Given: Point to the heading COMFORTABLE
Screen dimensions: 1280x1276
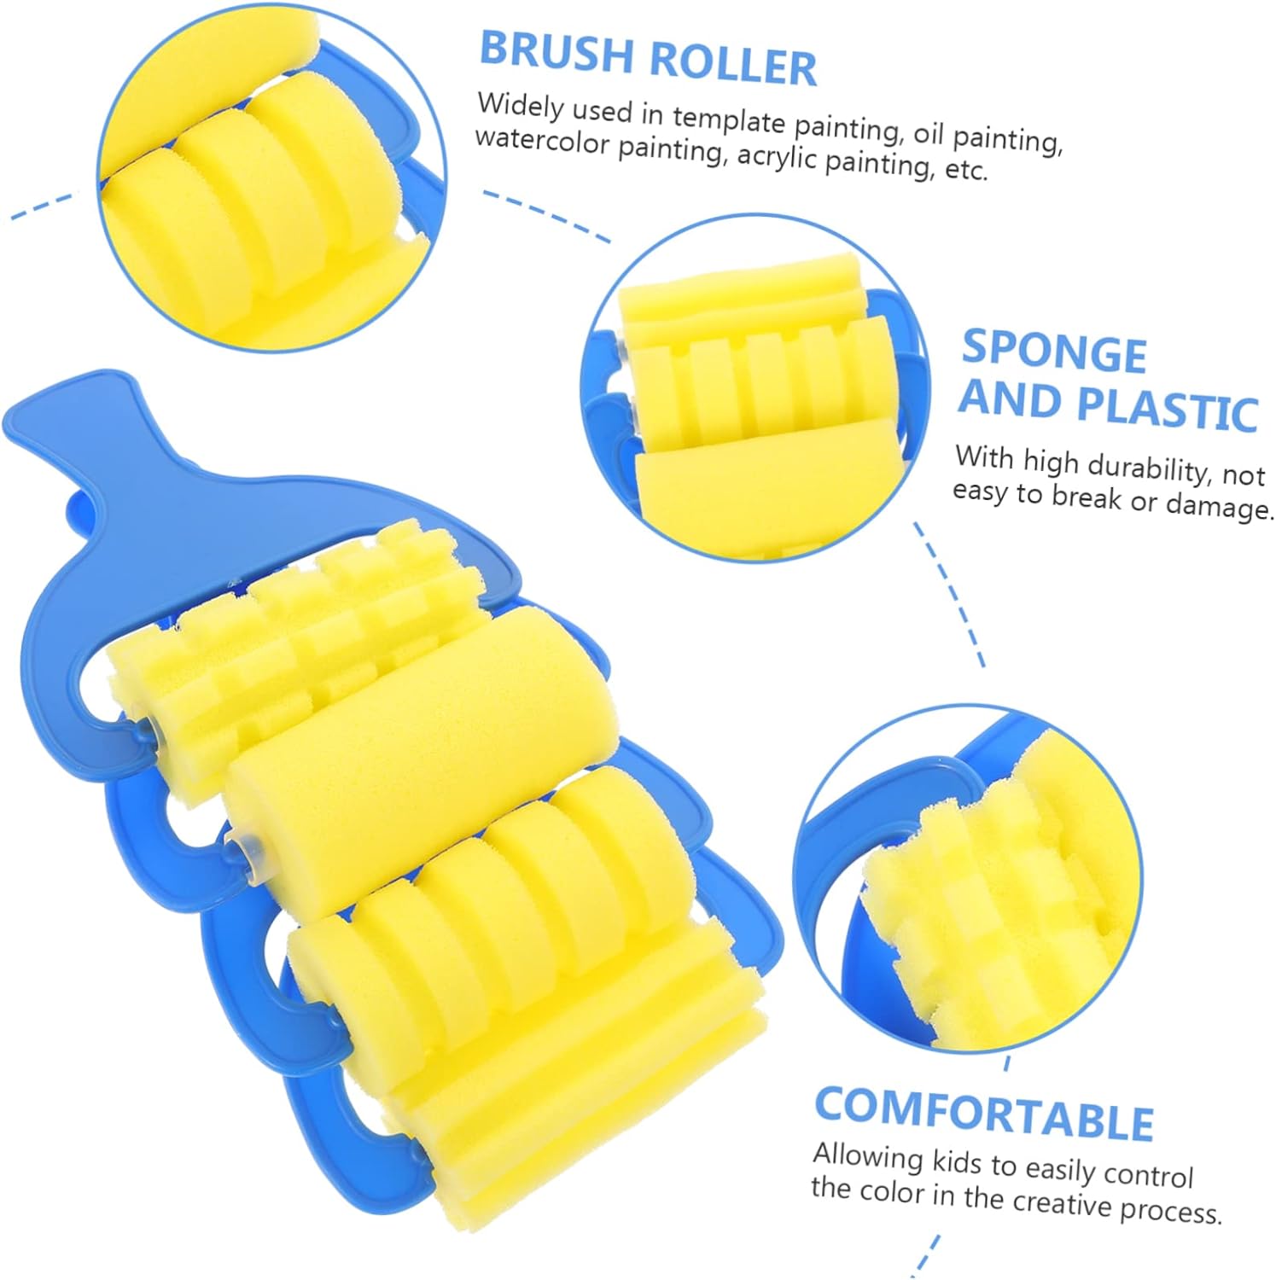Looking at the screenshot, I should click(984, 1113).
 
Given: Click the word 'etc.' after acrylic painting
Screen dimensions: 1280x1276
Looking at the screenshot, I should click(966, 170).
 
